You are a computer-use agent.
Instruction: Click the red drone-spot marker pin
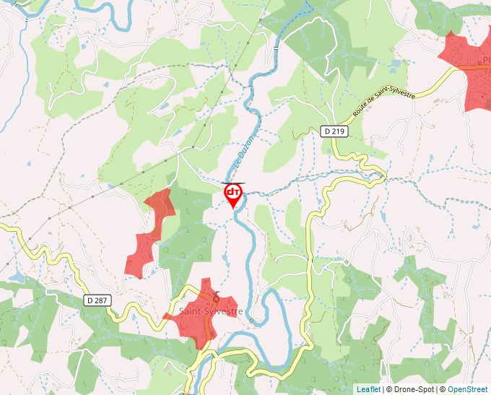pos(233,194)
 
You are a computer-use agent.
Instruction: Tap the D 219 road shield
pos(334,131)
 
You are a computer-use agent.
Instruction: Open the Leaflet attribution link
pos(368,389)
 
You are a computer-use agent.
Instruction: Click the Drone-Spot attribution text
pos(411,389)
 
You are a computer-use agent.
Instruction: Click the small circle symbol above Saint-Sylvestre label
pos(215,298)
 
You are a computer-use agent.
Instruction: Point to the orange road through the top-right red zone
pos(473,66)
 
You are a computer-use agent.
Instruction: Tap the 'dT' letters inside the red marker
pos(233,191)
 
